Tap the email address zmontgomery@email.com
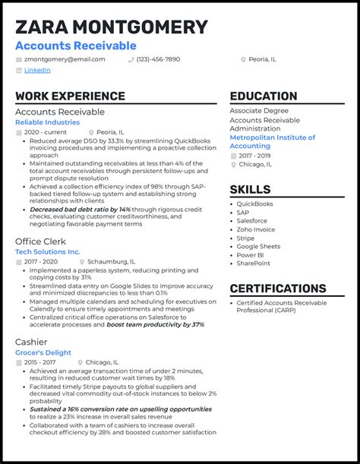[x=64, y=58]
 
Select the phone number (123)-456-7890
[x=158, y=58]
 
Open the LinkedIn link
[x=37, y=70]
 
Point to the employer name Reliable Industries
[x=47, y=122]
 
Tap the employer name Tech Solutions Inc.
[x=47, y=251]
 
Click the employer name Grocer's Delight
[x=43, y=352]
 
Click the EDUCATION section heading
[x=264, y=96]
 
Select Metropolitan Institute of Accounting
[x=272, y=142]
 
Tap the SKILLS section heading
[x=250, y=189]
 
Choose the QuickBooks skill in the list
[x=254, y=204]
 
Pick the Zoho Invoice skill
[x=256, y=229]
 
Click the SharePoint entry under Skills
[x=253, y=264]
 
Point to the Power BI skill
[x=250, y=255]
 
